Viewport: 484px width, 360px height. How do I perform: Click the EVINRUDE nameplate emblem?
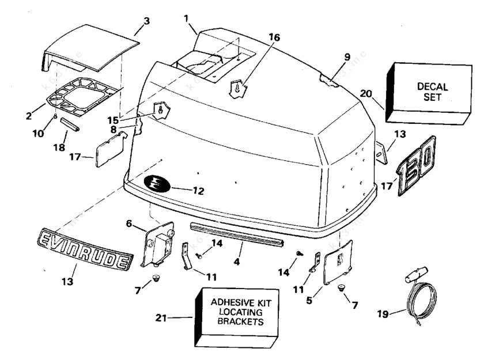pos(84,249)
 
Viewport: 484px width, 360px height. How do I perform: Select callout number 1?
pos(186,18)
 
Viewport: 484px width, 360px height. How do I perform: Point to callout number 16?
pos(274,37)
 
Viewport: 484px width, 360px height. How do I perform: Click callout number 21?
pos(161,317)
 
